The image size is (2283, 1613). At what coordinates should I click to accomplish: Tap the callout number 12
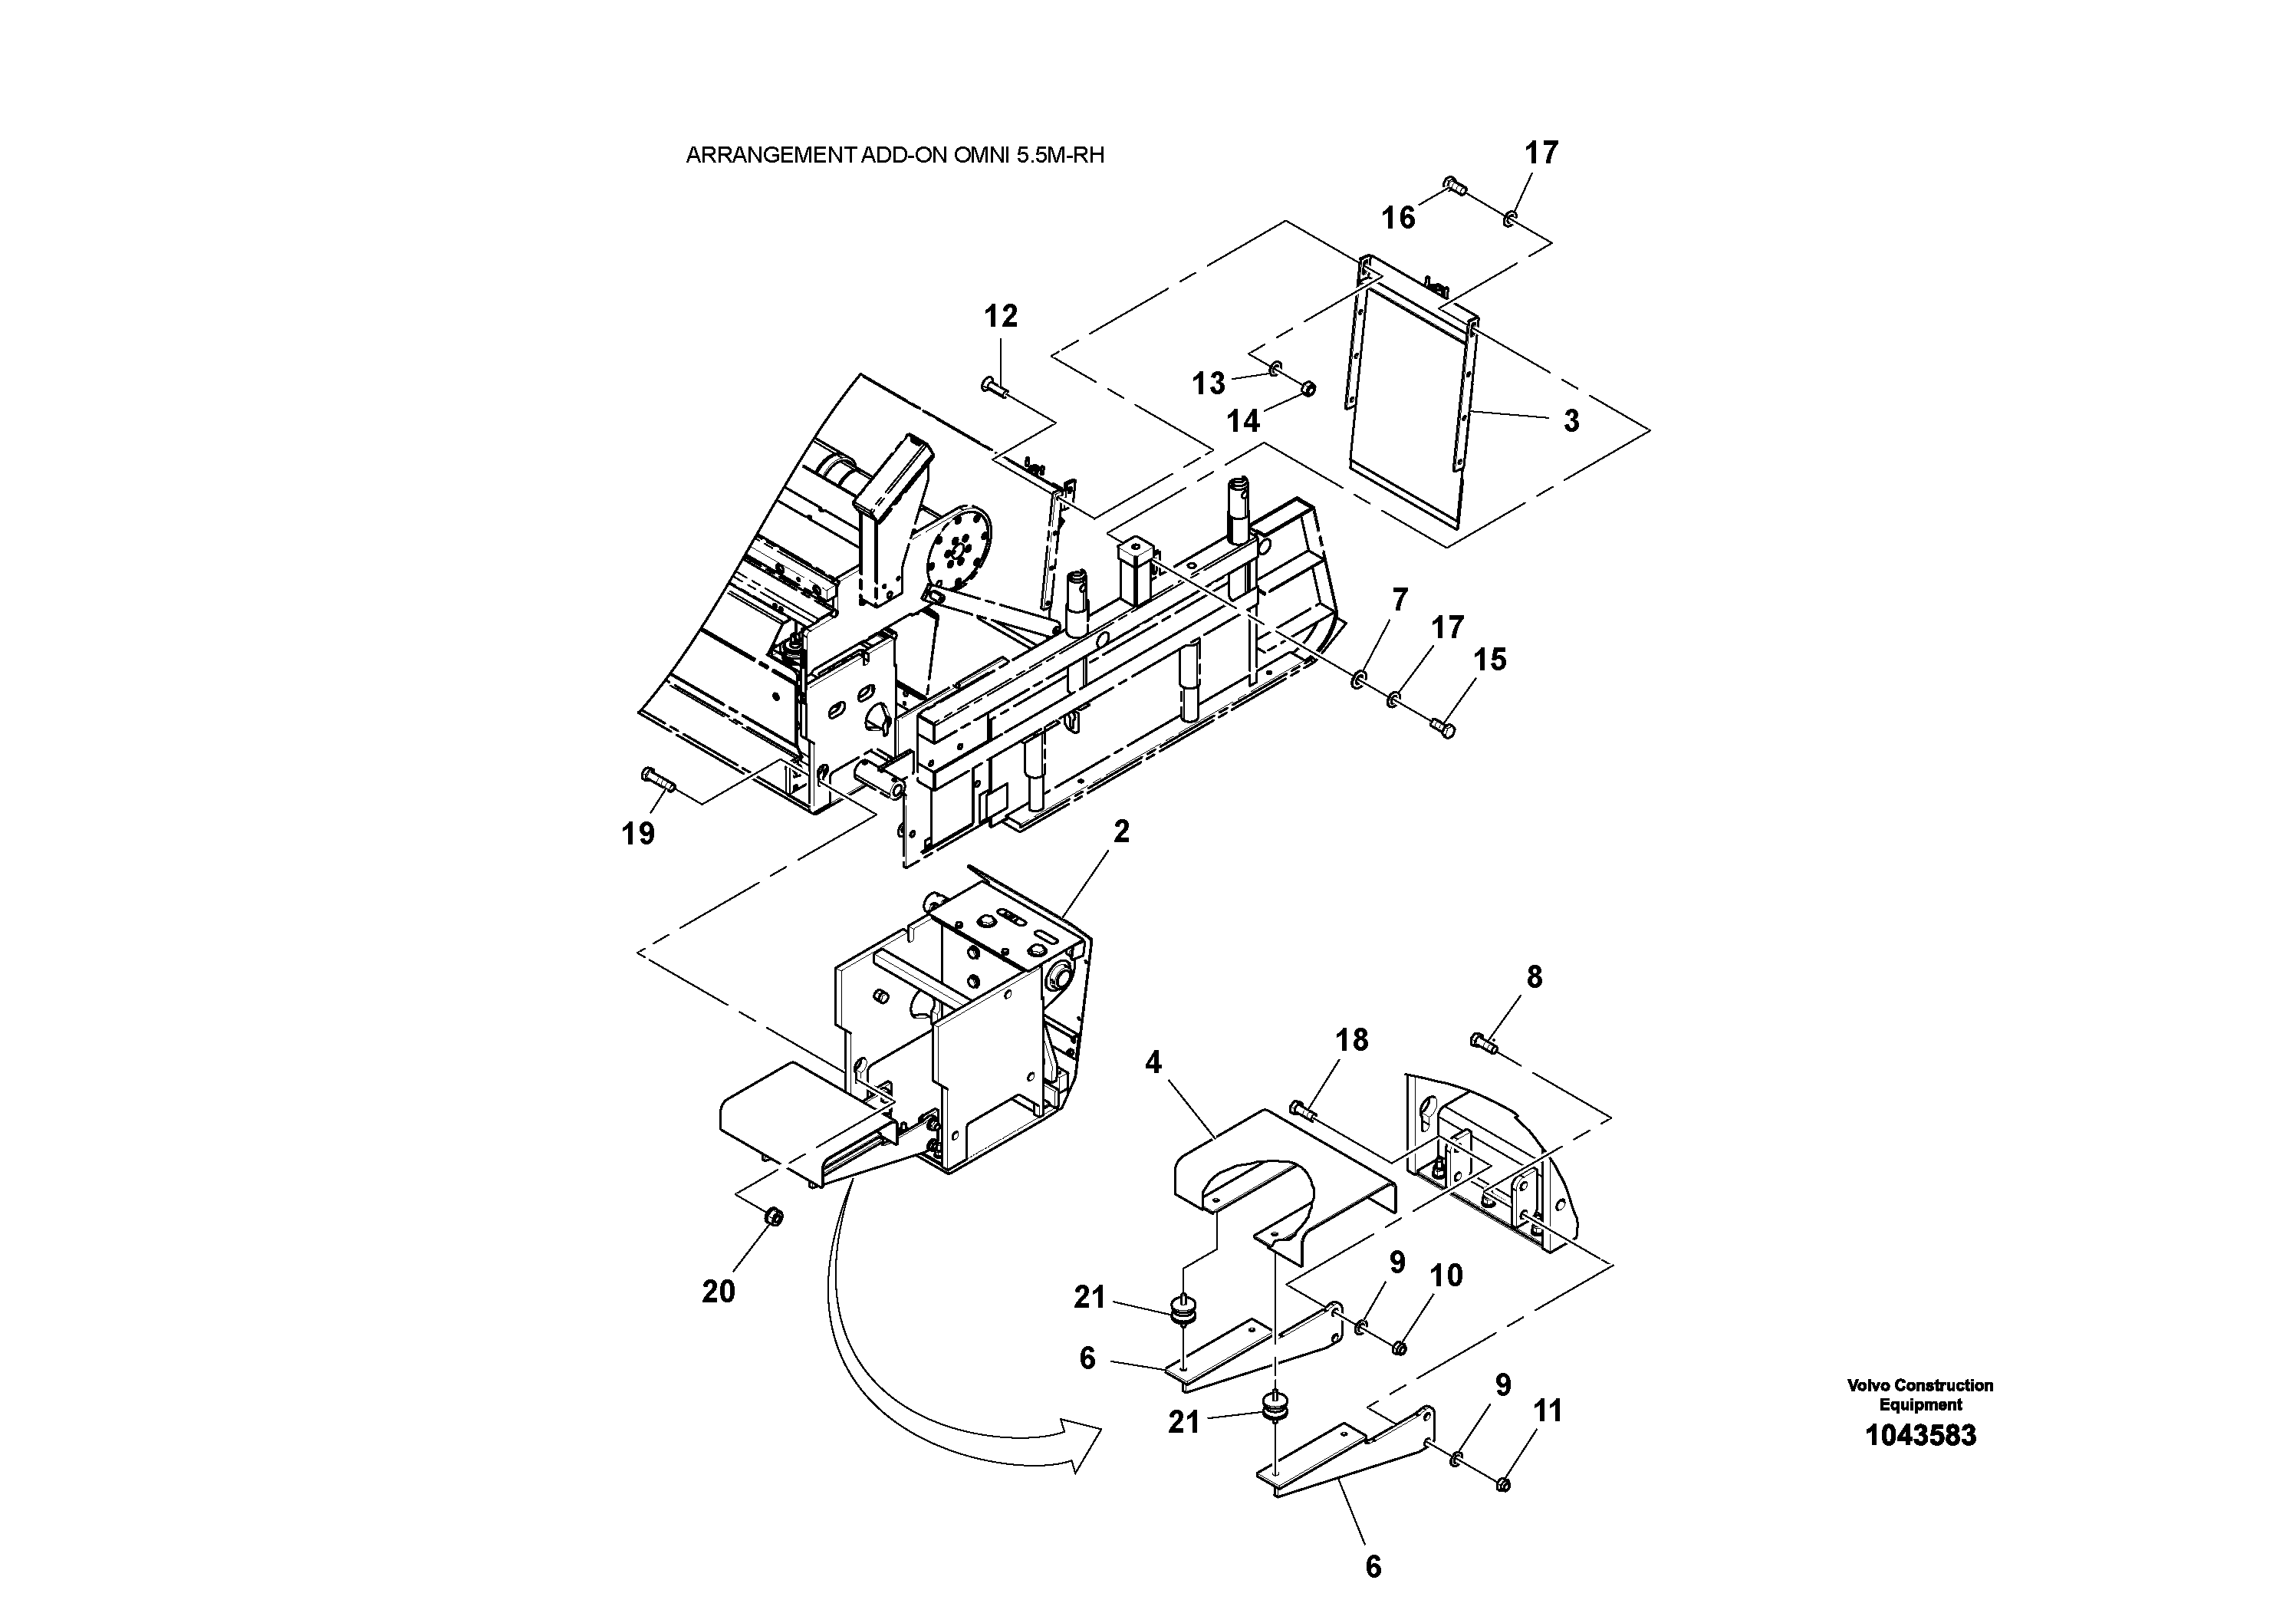coord(1000,316)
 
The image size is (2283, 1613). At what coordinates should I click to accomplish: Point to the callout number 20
coord(718,1291)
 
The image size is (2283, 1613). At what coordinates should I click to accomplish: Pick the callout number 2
coord(1122,831)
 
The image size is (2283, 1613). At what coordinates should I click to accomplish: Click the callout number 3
coord(1571,420)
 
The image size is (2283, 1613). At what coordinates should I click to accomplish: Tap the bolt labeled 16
coord(1455,186)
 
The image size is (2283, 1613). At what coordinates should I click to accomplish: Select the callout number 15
coord(1489,660)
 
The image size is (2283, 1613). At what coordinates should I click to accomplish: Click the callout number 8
coord(1535,978)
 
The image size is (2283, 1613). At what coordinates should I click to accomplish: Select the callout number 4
coord(1153,1063)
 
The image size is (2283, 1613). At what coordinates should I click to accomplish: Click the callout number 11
coord(1548,1411)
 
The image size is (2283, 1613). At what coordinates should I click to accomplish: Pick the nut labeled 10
coord(1397,1348)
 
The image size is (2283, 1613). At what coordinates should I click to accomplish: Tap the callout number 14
coord(1243,422)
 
